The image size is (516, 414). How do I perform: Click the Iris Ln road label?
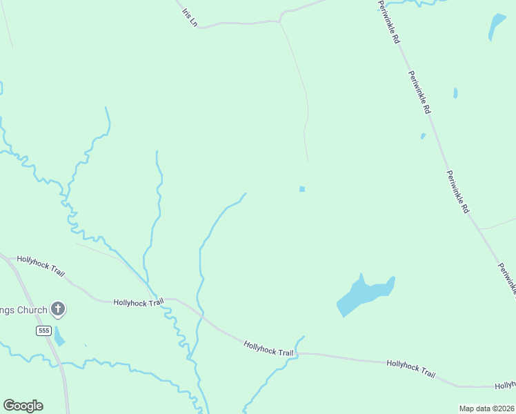[189, 18]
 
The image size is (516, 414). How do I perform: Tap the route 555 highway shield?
[44, 331]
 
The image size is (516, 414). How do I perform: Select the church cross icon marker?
[59, 310]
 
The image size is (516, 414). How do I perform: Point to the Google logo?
[23, 406]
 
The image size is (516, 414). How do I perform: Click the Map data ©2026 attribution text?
[486, 408]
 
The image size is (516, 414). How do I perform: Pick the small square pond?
[302, 189]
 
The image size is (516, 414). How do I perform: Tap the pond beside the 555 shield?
[59, 337]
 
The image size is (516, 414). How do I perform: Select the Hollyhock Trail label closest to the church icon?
[139, 302]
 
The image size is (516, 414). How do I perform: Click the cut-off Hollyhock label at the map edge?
[506, 385]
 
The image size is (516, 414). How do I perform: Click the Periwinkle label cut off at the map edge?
[506, 278]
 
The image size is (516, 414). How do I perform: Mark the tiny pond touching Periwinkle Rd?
[423, 136]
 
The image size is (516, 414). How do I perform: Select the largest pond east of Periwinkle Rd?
[497, 26]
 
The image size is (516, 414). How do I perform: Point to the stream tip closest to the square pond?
[245, 194]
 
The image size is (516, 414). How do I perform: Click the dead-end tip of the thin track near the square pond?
[308, 161]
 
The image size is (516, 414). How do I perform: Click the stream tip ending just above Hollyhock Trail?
[304, 337]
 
